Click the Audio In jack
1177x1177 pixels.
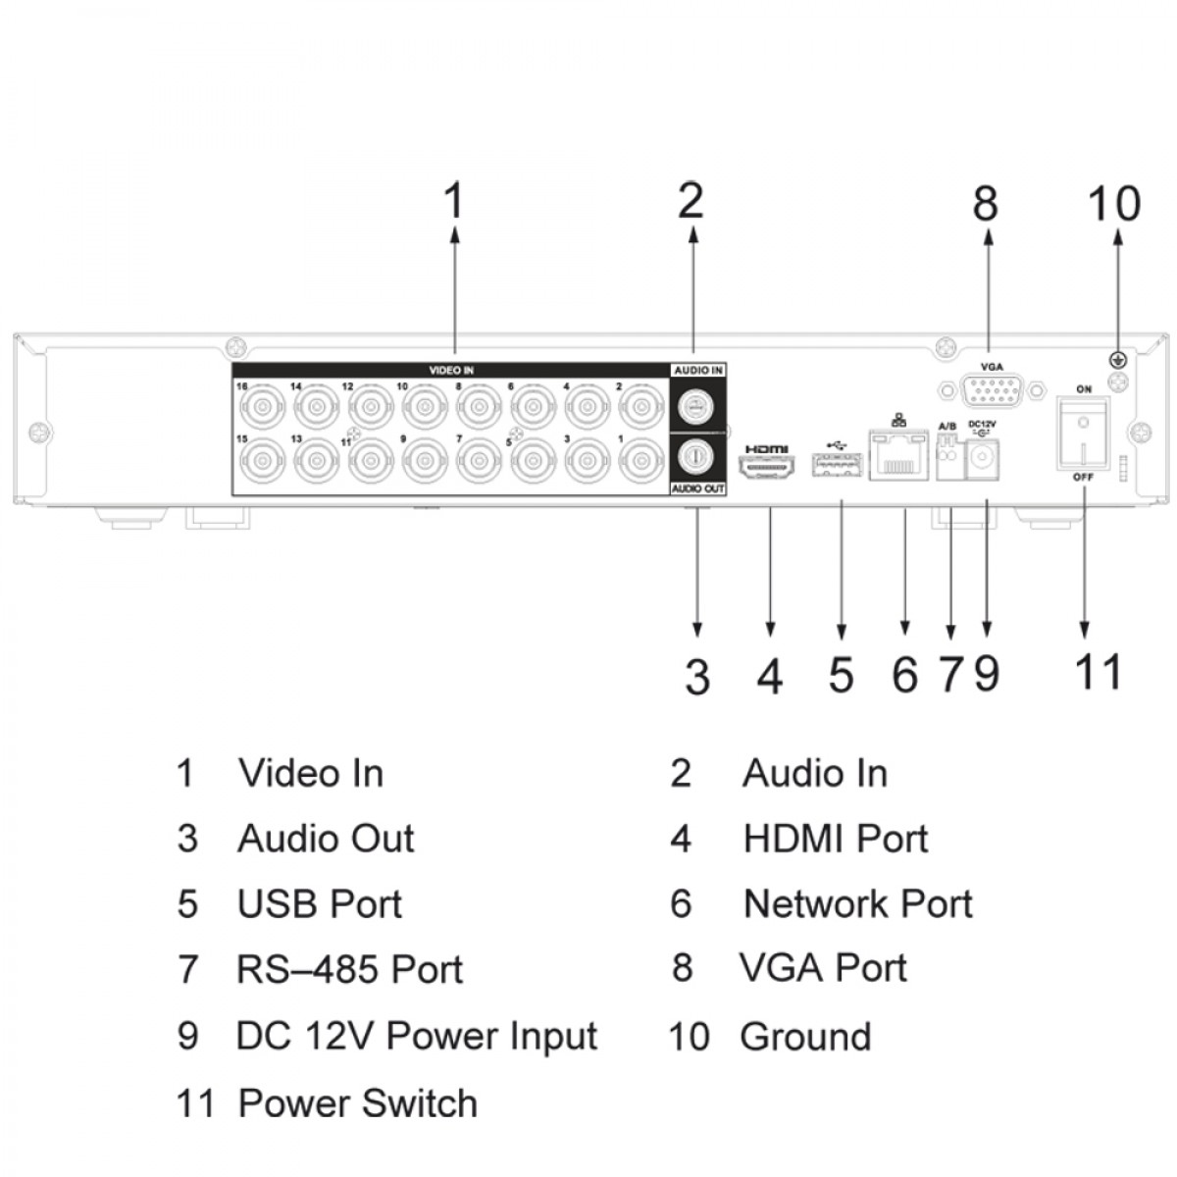(697, 403)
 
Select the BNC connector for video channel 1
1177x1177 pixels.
(641, 458)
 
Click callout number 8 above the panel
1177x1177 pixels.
(985, 203)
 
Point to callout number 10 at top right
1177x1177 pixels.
(1114, 203)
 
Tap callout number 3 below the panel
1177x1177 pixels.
(697, 677)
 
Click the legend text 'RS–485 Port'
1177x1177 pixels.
(349, 970)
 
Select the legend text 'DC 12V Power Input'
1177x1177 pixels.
(417, 1037)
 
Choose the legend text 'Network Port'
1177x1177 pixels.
(857, 904)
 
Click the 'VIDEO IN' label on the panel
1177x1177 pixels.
(451, 371)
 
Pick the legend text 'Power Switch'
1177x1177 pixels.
(358, 1103)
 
